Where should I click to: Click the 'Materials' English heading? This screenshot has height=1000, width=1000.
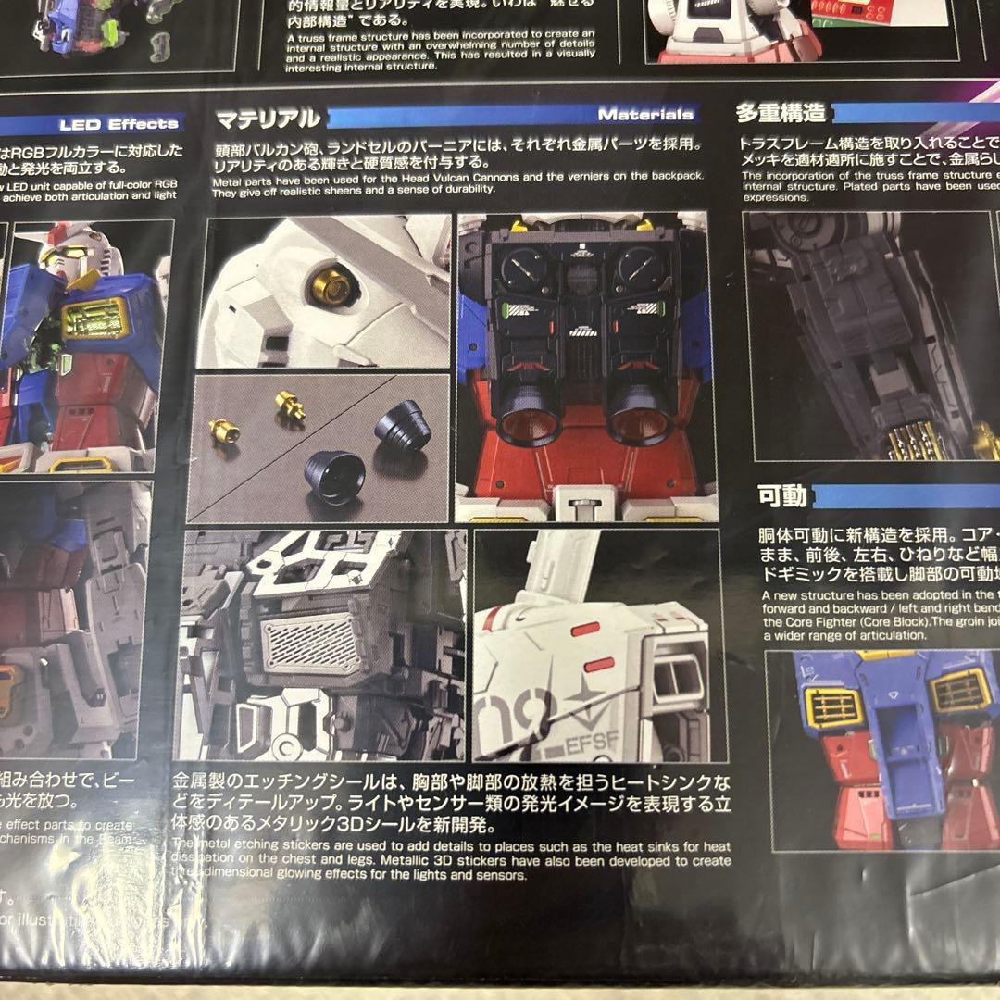645,115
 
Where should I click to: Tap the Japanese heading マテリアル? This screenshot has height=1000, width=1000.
269,119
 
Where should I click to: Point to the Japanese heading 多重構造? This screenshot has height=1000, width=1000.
780,114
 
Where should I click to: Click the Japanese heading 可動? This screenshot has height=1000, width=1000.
782,496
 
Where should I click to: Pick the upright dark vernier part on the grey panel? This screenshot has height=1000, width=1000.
403,425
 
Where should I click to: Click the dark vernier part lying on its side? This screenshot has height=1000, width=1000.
335,477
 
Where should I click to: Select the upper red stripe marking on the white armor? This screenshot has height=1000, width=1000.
585,631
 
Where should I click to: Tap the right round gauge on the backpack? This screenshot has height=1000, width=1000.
642,269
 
